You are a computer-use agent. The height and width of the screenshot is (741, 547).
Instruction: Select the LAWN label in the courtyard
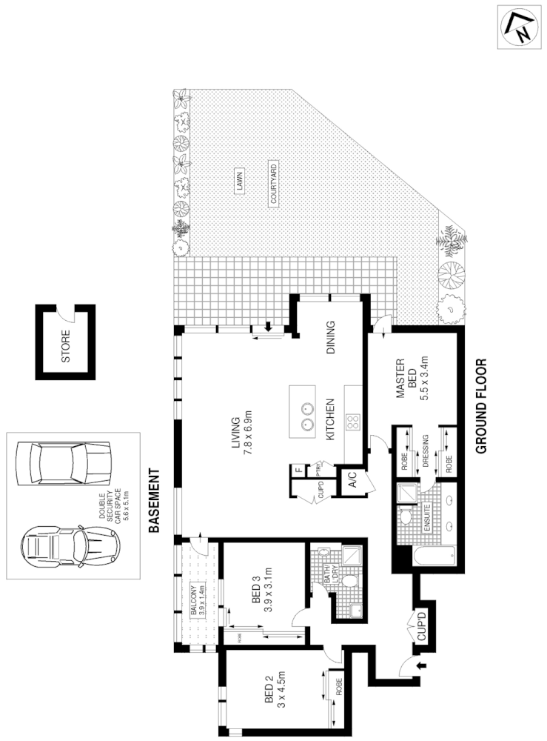[239, 182]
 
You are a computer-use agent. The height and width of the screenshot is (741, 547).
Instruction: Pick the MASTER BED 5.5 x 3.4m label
[412, 380]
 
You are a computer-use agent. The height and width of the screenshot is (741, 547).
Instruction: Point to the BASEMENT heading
[155, 502]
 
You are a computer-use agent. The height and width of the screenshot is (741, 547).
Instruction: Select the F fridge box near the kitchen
[298, 469]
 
